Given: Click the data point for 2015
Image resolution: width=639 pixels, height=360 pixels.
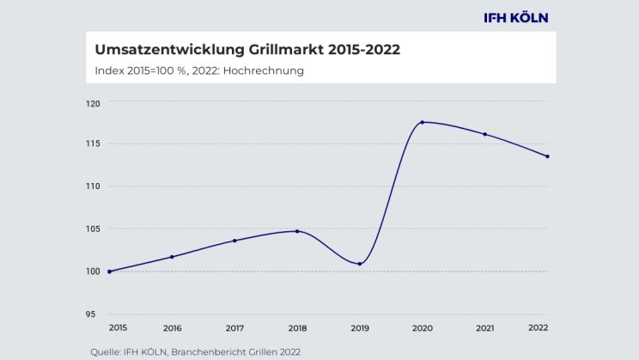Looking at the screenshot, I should tap(110, 272).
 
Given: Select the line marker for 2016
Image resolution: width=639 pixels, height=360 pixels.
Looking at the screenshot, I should tap(172, 257).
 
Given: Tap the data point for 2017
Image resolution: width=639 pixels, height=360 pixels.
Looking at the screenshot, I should tap(234, 241).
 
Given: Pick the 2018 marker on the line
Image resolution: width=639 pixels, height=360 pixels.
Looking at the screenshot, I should tap(297, 231).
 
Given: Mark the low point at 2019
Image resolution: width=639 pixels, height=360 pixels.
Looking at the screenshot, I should tap(359, 264).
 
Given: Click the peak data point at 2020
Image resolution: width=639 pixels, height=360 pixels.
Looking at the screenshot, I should tap(422, 122).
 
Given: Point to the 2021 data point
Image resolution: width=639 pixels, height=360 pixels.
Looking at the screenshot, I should tap(485, 134).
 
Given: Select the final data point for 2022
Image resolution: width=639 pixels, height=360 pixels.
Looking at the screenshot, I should tap(547, 156).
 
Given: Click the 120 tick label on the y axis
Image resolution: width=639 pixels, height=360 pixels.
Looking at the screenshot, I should tap(93, 103).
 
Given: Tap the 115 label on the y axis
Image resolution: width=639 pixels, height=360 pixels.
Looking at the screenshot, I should tap(93, 143).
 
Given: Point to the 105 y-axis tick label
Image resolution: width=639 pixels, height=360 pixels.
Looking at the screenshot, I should tap(93, 229).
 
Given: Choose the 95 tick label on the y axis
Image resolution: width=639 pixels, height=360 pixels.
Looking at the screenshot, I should tap(91, 314).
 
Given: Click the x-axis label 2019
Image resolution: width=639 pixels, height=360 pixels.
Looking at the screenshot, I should tap(359, 328).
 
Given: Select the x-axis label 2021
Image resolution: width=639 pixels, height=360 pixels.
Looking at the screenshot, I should tap(484, 328).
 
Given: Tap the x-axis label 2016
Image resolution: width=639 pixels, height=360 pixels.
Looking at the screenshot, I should tap(172, 328).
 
